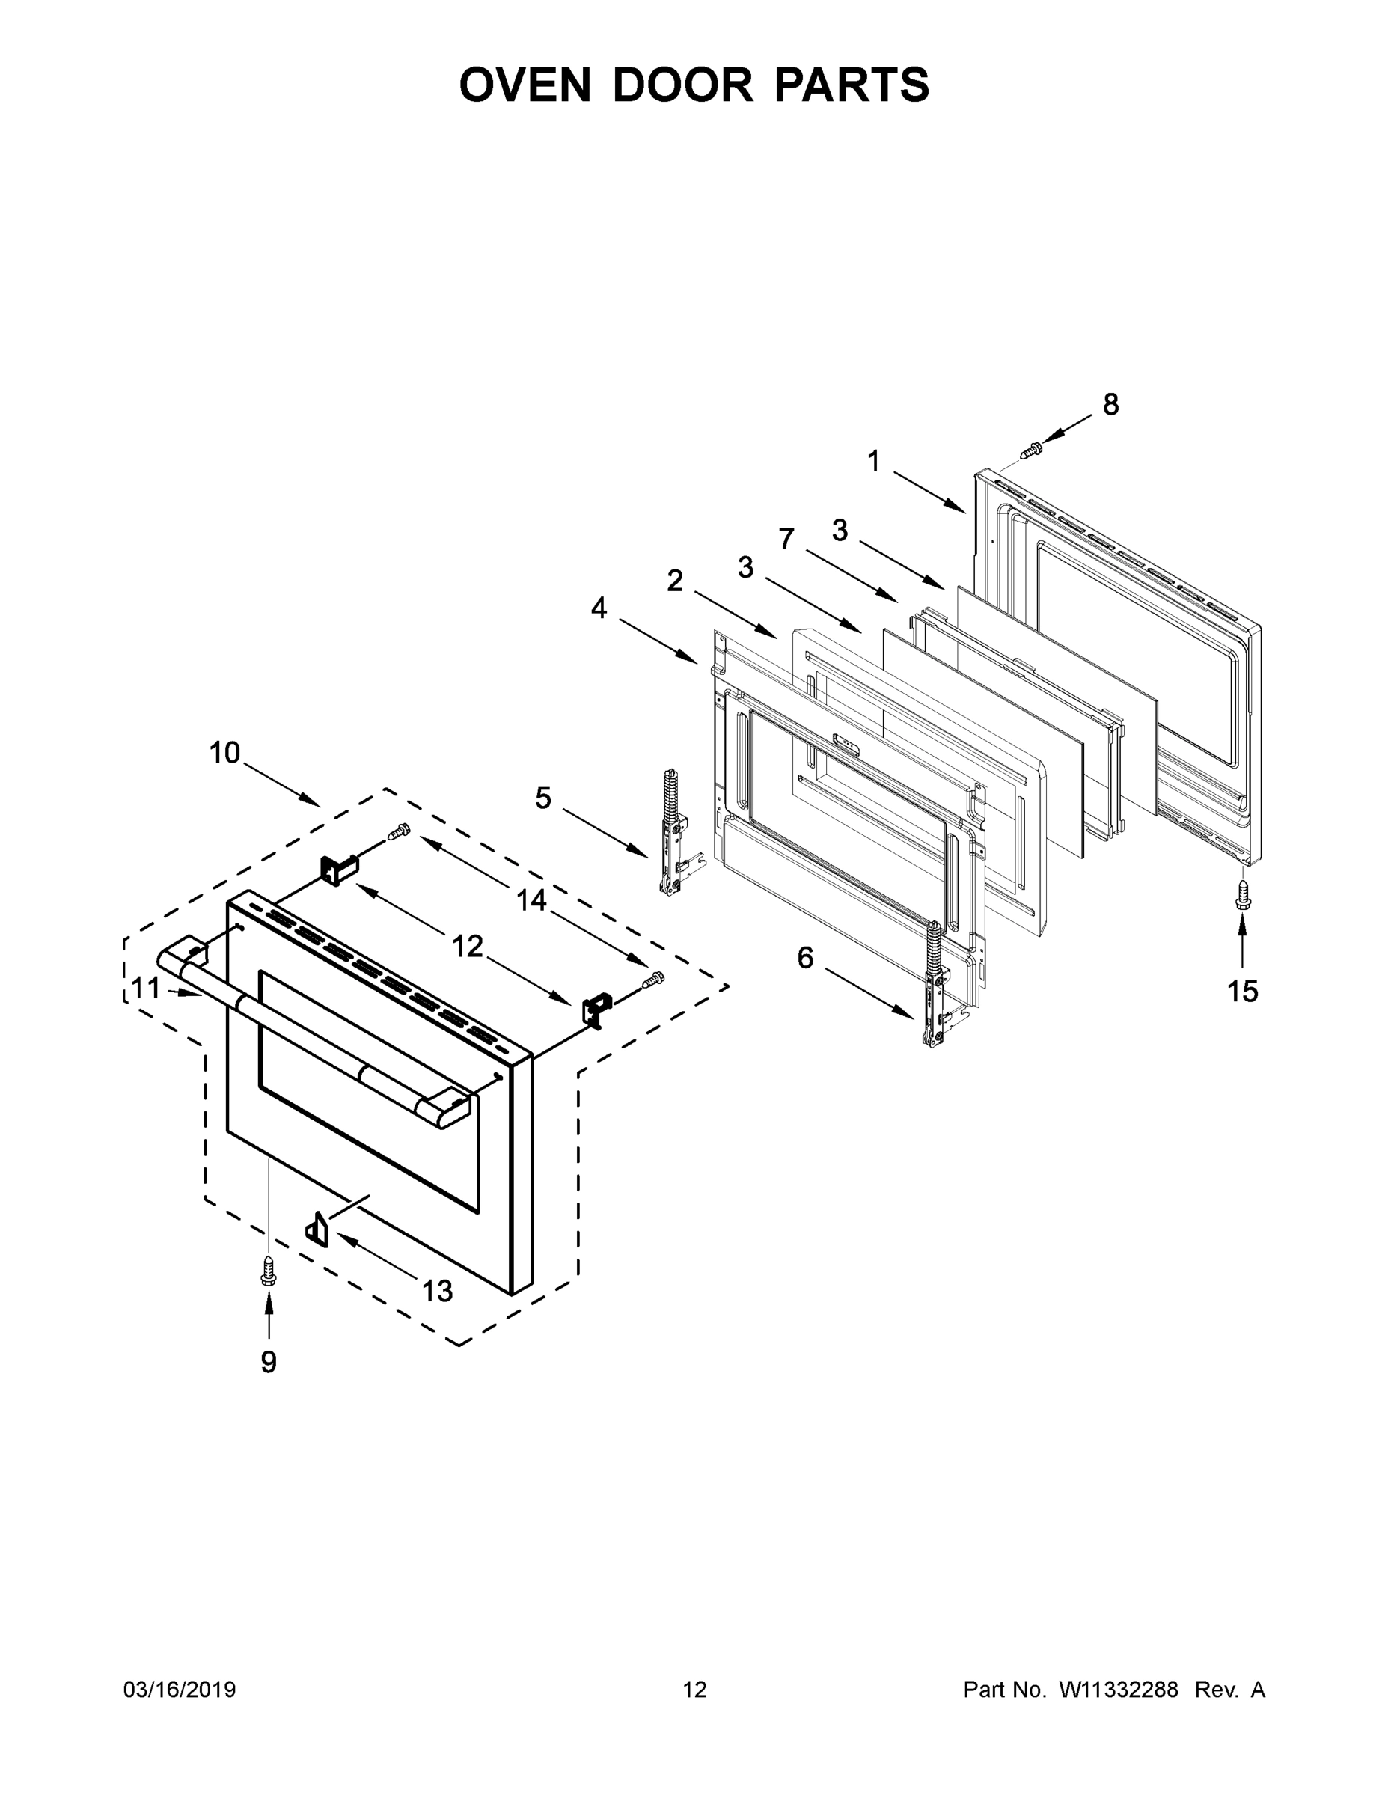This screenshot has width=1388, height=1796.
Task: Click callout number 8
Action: [1110, 405]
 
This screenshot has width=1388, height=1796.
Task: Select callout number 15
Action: [1242, 992]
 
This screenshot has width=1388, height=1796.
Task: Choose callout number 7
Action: [786, 539]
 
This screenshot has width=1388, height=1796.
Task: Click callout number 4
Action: [599, 608]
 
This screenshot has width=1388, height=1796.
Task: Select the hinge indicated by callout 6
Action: [933, 986]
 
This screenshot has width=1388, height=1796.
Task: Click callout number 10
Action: [224, 752]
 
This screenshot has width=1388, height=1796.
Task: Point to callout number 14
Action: [531, 900]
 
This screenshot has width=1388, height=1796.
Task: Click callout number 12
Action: [467, 947]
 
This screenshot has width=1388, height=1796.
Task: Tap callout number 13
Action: [438, 1291]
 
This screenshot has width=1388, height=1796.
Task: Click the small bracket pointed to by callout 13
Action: [317, 1230]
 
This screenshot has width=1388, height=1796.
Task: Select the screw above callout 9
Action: [268, 1271]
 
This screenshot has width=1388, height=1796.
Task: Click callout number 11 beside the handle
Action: [147, 988]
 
